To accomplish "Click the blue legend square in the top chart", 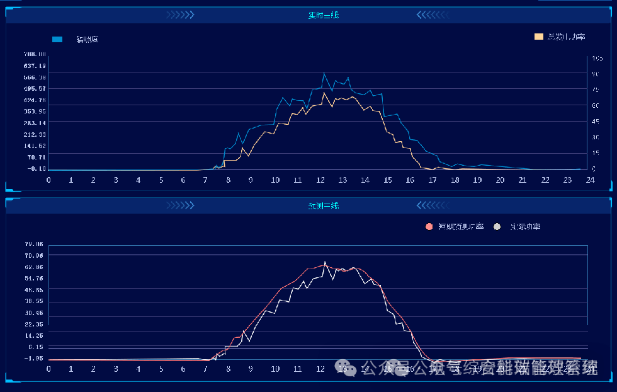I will pyautogui.click(x=57, y=39).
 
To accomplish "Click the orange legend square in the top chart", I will pyautogui.click(x=538, y=37).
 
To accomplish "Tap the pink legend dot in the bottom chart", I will pyautogui.click(x=429, y=226).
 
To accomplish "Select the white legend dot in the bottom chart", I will pyautogui.click(x=497, y=226).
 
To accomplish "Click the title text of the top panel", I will pyautogui.click(x=323, y=15).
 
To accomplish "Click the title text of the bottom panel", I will pyautogui.click(x=323, y=205).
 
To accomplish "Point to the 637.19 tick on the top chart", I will pyautogui.click(x=34, y=66).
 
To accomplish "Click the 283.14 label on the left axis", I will pyautogui.click(x=34, y=123).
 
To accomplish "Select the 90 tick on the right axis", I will pyautogui.click(x=595, y=74).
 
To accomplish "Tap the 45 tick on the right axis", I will pyautogui.click(x=595, y=122).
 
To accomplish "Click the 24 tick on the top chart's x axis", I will pyautogui.click(x=590, y=180).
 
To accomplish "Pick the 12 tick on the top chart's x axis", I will pyautogui.click(x=320, y=180).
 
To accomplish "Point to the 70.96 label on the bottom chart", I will pyautogui.click(x=34, y=255).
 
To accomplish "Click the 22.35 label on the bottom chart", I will pyautogui.click(x=34, y=324).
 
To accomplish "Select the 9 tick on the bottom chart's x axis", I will pyautogui.click(x=251, y=369).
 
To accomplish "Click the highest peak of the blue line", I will pyautogui.click(x=324, y=74).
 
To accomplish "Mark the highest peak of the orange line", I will pyautogui.click(x=324, y=93).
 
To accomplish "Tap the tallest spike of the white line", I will pyautogui.click(x=325, y=262).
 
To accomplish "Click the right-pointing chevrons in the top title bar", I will pyautogui.click(x=180, y=15).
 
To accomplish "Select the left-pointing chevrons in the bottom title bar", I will pyautogui.click(x=431, y=205).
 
